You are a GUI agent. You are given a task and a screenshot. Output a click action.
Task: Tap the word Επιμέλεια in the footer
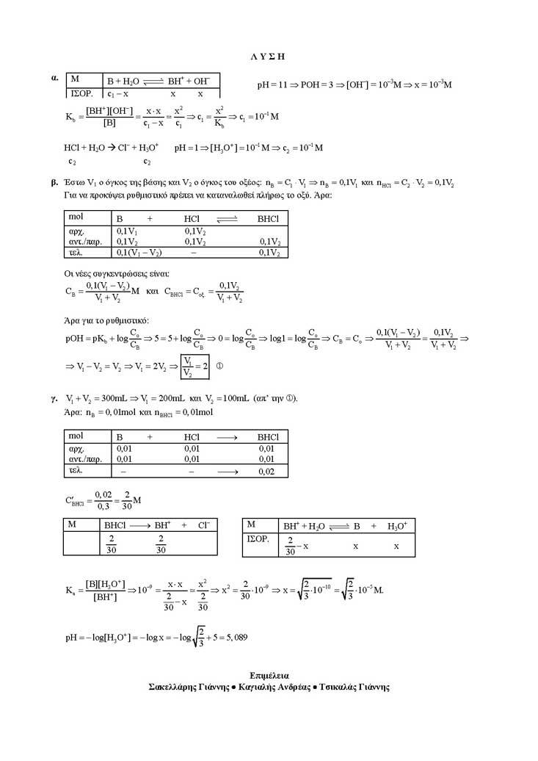coord(269,674)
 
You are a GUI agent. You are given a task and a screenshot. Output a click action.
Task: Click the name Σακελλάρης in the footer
coord(173,688)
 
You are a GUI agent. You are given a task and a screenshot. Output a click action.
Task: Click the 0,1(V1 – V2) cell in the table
coord(139,253)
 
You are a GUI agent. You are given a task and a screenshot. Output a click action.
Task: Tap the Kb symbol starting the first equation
coord(70,116)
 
